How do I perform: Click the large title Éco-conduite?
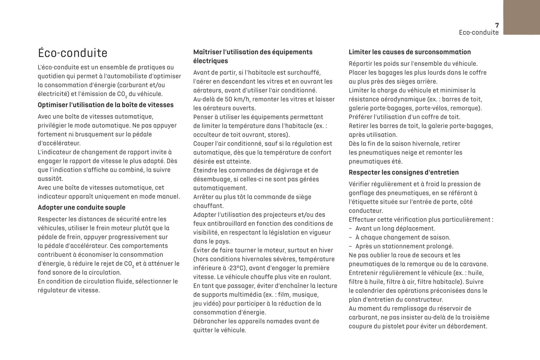(72, 53)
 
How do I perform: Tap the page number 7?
(497, 25)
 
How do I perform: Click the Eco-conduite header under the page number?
(478, 32)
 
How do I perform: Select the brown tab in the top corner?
(521, 17)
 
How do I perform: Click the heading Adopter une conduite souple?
(81, 208)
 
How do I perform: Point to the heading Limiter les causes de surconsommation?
(410, 52)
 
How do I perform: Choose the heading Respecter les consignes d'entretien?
(404, 173)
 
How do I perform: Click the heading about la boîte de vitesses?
(105, 105)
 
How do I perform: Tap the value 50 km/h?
(234, 99)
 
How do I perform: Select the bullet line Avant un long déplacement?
(395, 229)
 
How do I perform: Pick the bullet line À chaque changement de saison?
(402, 238)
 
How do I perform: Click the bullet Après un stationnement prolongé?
(404, 246)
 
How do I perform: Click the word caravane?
(474, 264)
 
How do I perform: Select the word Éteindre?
(205, 171)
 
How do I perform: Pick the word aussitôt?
(50, 179)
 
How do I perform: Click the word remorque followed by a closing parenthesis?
(468, 108)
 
